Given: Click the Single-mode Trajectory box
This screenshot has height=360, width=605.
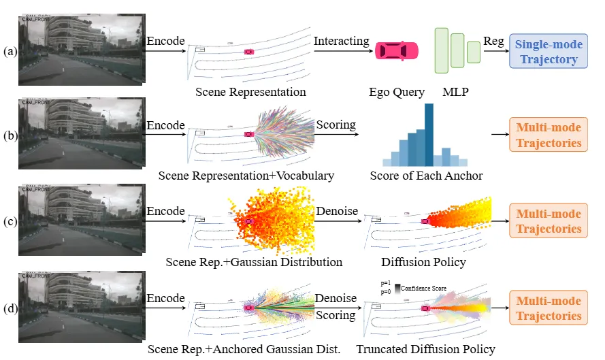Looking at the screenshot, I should click(549, 52).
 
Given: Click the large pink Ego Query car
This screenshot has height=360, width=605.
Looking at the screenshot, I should click(396, 51).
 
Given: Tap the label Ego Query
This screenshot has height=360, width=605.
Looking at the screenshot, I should click(396, 92).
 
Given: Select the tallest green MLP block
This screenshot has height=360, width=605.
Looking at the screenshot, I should click(441, 50).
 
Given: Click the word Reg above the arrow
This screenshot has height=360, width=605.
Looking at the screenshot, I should click(493, 42).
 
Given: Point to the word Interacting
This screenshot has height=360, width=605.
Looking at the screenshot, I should click(341, 42).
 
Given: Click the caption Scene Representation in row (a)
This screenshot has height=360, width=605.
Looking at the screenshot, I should click(250, 92).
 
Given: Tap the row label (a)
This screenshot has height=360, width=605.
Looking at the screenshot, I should click(9, 52).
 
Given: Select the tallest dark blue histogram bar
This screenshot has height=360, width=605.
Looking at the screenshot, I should click(429, 135).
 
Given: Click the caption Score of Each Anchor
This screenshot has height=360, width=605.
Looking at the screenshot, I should click(426, 176).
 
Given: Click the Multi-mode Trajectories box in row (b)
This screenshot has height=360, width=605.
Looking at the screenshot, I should click(549, 135).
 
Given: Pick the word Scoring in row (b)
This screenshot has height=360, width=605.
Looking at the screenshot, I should click(336, 125).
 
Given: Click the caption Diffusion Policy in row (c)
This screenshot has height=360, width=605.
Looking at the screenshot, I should click(423, 261).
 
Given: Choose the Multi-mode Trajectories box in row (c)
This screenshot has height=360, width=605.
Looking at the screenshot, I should click(549, 221).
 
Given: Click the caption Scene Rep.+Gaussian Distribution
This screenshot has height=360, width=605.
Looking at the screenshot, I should click(254, 261).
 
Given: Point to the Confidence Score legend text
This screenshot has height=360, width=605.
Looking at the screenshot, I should click(424, 289).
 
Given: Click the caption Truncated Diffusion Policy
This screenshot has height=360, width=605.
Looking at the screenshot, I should click(425, 349).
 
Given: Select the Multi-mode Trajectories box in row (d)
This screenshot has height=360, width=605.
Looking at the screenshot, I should click(549, 308).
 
